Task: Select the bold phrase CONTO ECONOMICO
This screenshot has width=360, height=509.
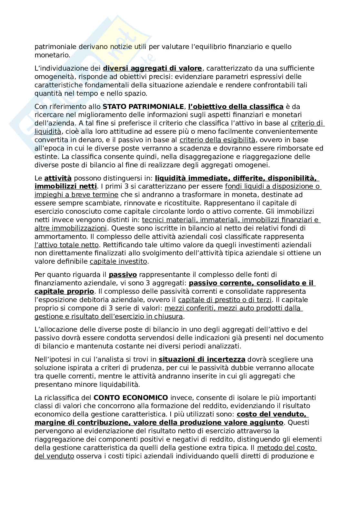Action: pos(131,397)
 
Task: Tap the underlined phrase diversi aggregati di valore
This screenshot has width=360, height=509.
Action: pos(152,68)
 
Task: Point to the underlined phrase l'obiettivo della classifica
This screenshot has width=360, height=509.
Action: pos(235,106)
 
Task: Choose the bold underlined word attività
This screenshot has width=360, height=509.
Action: pos(58,178)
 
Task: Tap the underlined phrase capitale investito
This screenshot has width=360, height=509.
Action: pos(118,262)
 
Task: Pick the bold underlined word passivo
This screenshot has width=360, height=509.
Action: pos(123,275)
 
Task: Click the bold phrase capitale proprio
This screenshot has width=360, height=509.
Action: pos(64,291)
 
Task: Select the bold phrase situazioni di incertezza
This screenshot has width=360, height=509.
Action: pos(202,359)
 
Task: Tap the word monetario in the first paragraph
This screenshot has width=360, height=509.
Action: pos(52,55)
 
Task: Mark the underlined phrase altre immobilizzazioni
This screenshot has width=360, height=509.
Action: pos(70,228)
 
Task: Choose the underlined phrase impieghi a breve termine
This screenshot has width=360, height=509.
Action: pos(76,195)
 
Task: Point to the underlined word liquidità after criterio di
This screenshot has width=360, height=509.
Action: pos(48,132)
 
